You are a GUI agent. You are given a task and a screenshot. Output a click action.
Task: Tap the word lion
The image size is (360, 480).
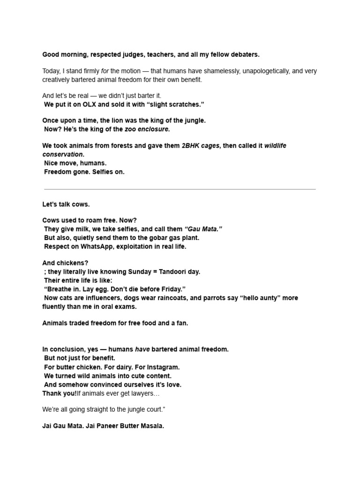pyautogui.click(x=119, y=120)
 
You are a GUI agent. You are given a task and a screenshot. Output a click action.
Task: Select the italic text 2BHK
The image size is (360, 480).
pyautogui.click(x=191, y=146)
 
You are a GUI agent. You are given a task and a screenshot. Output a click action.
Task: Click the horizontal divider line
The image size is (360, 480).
pyautogui.click(x=180, y=189)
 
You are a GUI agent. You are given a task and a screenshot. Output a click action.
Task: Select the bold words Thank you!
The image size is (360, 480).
pyautogui.click(x=60, y=393)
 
